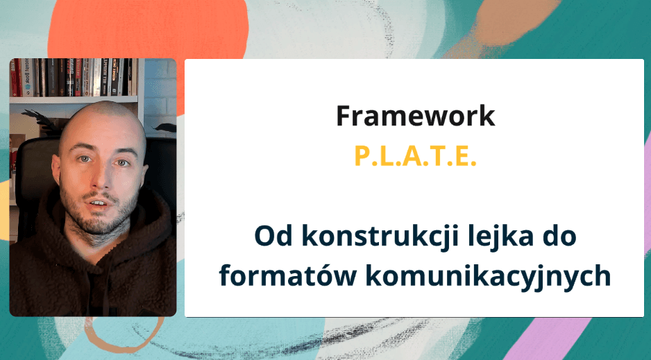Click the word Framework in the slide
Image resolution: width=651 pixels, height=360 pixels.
415,116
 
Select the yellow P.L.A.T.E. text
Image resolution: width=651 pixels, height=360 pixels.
415,156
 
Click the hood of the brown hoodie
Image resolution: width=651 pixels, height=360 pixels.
149,208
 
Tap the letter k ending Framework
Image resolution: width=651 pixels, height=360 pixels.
487,116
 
